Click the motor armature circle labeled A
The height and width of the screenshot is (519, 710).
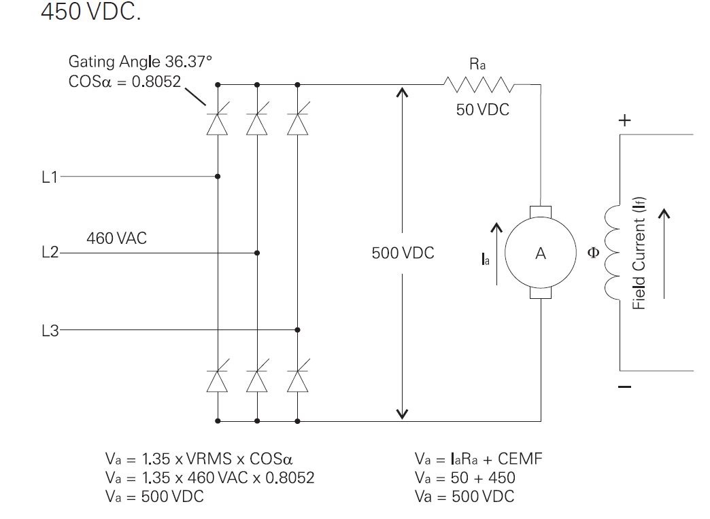click(x=540, y=253)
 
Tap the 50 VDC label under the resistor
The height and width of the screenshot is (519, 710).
click(x=482, y=109)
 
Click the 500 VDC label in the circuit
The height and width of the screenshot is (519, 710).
click(x=403, y=253)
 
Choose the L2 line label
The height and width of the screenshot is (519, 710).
click(x=50, y=253)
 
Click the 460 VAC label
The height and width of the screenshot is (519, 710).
click(x=116, y=238)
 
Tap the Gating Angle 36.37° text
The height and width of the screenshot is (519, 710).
click(x=140, y=62)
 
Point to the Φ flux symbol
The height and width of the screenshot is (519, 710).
click(x=593, y=253)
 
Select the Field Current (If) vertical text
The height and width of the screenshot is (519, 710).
click(x=639, y=253)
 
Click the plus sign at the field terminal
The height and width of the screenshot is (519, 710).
click(x=624, y=121)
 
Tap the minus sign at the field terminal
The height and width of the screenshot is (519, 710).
click(x=625, y=387)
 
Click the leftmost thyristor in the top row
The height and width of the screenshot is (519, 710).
click(x=217, y=124)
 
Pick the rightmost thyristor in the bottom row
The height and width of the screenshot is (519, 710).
click(x=297, y=381)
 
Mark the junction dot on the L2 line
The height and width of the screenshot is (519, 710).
click(x=257, y=253)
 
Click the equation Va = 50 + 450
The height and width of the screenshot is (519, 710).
click(x=465, y=478)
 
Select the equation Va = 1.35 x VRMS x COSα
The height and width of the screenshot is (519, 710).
click(x=199, y=459)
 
